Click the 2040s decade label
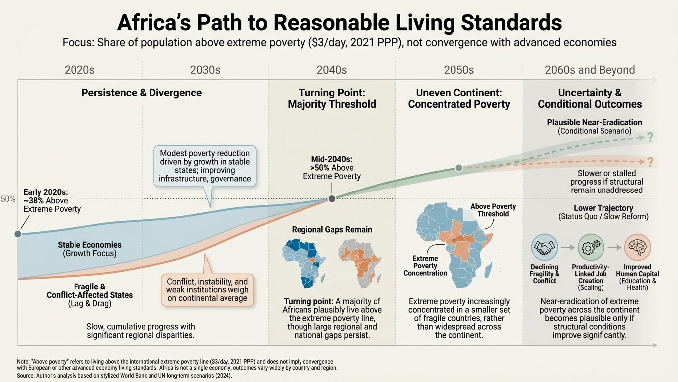pyautogui.click(x=332, y=70)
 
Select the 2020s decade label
pyautogui.click(x=79, y=70)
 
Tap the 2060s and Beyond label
pyautogui.click(x=590, y=70)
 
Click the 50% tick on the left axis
pyautogui.click(x=8, y=199)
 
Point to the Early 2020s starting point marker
pyautogui.click(x=18, y=234)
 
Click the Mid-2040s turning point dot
pyautogui.click(x=332, y=199)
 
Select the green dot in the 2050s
pyautogui.click(x=459, y=168)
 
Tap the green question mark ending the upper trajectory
pyautogui.click(x=650, y=138)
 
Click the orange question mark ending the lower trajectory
pyautogui.click(x=650, y=162)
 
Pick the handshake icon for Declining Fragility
pyautogui.click(x=544, y=247)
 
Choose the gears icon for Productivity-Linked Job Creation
pyautogui.click(x=591, y=247)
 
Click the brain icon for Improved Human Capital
pyautogui.click(x=637, y=247)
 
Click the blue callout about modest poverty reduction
pyautogui.click(x=206, y=166)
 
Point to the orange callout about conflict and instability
pyautogui.click(x=207, y=289)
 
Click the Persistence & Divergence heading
pyautogui.click(x=142, y=93)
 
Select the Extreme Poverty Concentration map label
pyautogui.click(x=425, y=266)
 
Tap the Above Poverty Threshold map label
pyautogui.click(x=493, y=210)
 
